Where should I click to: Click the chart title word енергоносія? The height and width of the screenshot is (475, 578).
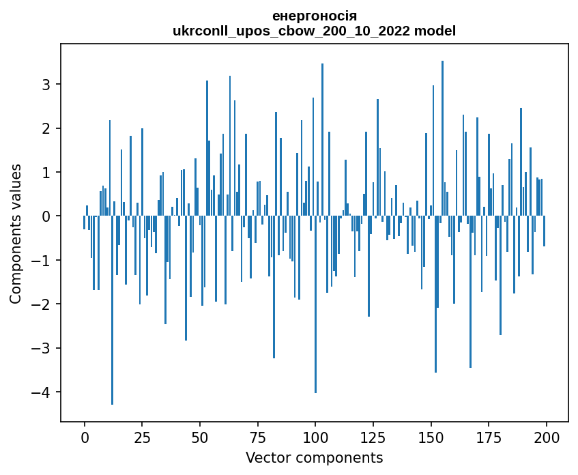(314, 16)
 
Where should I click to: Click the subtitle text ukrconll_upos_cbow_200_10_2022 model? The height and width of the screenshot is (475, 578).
(314, 31)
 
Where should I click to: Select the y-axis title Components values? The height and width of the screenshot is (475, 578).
(15, 233)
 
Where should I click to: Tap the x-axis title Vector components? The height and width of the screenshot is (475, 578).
(314, 457)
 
